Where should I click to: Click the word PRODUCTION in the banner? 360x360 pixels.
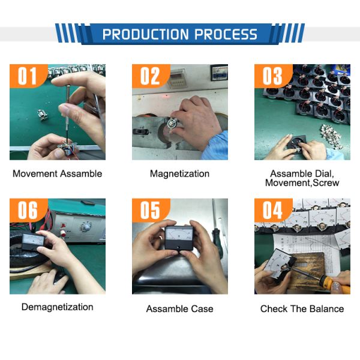[146, 34]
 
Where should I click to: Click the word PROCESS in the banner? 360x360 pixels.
[226, 34]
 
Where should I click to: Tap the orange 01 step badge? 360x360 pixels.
[28, 76]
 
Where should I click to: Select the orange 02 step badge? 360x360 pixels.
[151, 76]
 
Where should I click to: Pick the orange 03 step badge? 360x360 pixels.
[273, 76]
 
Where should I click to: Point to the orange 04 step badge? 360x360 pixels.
[273, 210]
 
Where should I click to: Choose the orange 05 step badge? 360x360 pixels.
[151, 210]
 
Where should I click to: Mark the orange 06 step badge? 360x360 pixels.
[28, 210]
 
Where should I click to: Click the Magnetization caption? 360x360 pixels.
[179, 174]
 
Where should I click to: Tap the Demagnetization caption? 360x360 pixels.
[58, 307]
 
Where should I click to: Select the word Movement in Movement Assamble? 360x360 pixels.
[35, 173]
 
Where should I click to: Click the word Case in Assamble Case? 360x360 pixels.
[202, 309]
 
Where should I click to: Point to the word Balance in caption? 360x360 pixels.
[327, 309]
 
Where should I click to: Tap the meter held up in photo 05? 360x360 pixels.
[179, 238]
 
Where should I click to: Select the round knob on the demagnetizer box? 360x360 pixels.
[86, 227]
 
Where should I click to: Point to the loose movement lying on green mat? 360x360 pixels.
[43, 115]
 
